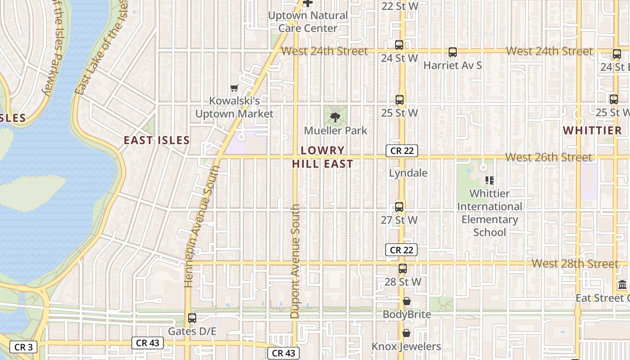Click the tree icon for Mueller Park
(x=335, y=117)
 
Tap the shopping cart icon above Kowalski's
(x=234, y=88)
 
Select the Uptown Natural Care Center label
(x=308, y=22)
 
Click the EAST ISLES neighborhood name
(x=157, y=140)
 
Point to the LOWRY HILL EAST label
(x=323, y=157)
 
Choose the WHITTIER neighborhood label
(x=592, y=130)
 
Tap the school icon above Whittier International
(x=490, y=180)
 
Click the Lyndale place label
(x=408, y=173)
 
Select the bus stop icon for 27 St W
(x=399, y=207)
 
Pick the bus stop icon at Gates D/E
(x=192, y=318)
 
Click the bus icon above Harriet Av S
(x=453, y=52)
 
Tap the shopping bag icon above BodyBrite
(x=407, y=301)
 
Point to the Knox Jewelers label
(x=406, y=346)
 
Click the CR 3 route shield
(x=23, y=347)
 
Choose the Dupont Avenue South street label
(x=295, y=261)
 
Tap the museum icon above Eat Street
(x=623, y=284)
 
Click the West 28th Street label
(x=575, y=264)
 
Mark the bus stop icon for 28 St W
(x=403, y=269)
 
